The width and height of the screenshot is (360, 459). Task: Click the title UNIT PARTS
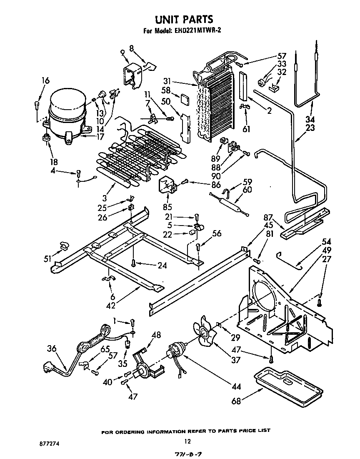[x=184, y=19]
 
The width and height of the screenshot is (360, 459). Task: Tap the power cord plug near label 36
[x=49, y=368]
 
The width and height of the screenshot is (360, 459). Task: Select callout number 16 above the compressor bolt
[x=45, y=80]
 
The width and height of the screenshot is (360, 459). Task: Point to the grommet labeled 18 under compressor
[x=46, y=138]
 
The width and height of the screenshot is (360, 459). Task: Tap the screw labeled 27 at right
[x=320, y=302]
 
